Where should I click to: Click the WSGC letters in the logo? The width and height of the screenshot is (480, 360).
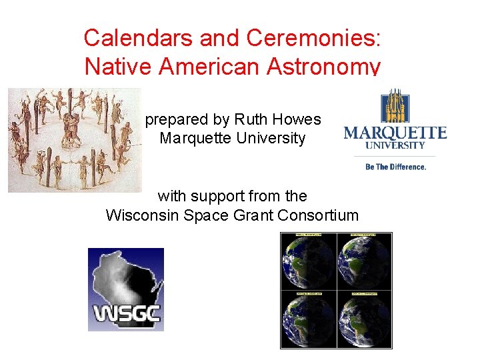pyautogui.click(x=126, y=313)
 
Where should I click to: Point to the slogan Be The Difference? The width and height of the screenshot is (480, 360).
pyautogui.click(x=395, y=167)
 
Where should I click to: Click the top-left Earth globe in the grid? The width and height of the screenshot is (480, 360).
pyautogui.click(x=309, y=262)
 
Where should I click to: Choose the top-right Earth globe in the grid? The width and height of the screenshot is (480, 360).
pyautogui.click(x=364, y=262)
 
